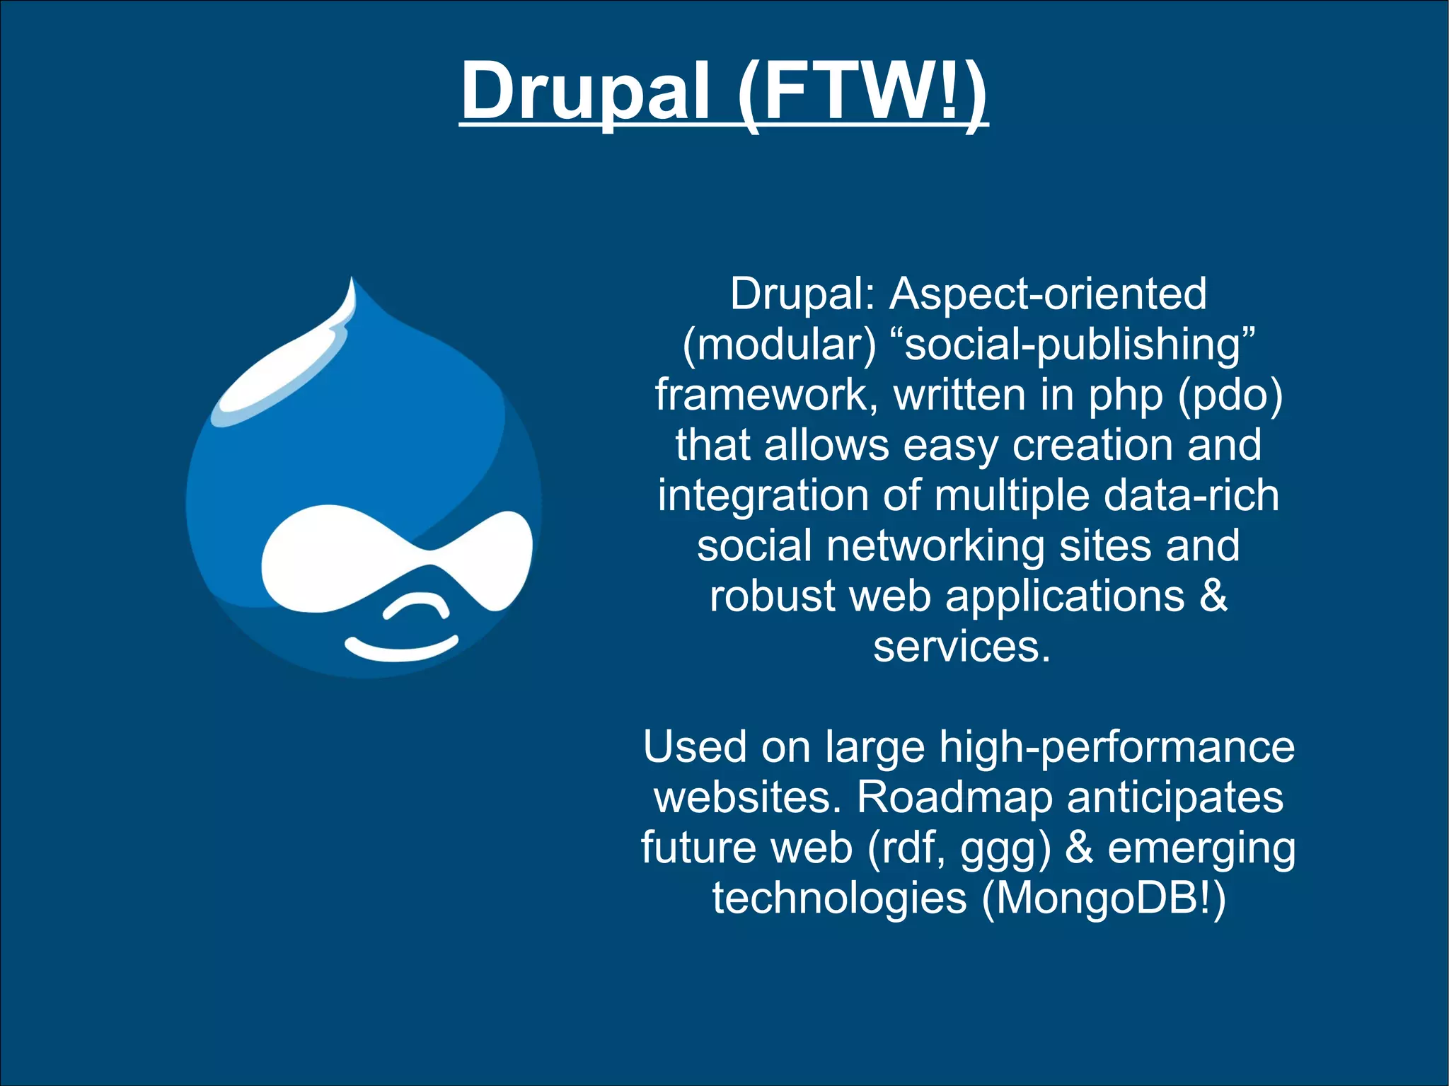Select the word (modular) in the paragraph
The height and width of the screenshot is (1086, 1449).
click(779, 345)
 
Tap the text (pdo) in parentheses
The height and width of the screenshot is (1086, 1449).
click(1230, 395)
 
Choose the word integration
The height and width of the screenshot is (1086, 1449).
click(763, 495)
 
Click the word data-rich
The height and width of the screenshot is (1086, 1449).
click(1191, 495)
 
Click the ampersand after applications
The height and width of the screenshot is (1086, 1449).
click(1214, 596)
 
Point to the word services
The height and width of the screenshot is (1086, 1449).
click(962, 647)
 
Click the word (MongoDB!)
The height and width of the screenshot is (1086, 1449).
click(1104, 899)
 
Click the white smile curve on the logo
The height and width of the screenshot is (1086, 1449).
click(401, 649)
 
